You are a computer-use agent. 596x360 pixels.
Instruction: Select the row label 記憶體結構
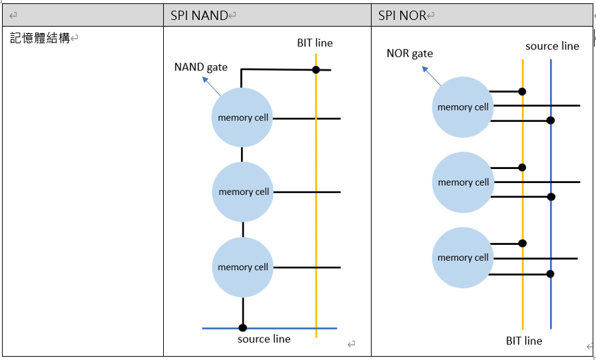(x=40, y=38)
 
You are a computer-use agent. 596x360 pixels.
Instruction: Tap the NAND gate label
(x=200, y=67)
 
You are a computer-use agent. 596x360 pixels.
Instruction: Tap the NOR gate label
(x=410, y=53)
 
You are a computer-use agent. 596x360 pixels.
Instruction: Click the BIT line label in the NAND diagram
(x=315, y=43)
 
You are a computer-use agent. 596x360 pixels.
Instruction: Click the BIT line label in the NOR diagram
(x=524, y=341)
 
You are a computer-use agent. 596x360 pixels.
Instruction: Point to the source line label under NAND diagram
(x=264, y=339)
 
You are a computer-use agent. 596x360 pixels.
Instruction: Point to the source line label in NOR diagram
(x=552, y=46)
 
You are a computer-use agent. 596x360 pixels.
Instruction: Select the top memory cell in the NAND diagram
(x=243, y=118)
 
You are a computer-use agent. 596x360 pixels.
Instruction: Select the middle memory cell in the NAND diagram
(x=243, y=192)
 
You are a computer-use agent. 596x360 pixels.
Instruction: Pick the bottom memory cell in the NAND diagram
(x=243, y=267)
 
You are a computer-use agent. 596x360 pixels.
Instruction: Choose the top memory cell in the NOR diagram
(x=463, y=107)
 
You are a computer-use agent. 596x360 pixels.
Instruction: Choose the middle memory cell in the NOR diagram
(x=463, y=182)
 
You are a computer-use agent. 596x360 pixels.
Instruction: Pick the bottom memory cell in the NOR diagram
(x=463, y=258)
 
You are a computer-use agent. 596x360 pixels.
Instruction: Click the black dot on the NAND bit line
(x=316, y=70)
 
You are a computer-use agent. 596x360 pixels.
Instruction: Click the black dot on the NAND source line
(x=243, y=327)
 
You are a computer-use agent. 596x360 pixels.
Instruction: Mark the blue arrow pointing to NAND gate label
(x=212, y=87)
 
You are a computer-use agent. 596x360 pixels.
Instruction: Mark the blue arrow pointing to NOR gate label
(x=431, y=75)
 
